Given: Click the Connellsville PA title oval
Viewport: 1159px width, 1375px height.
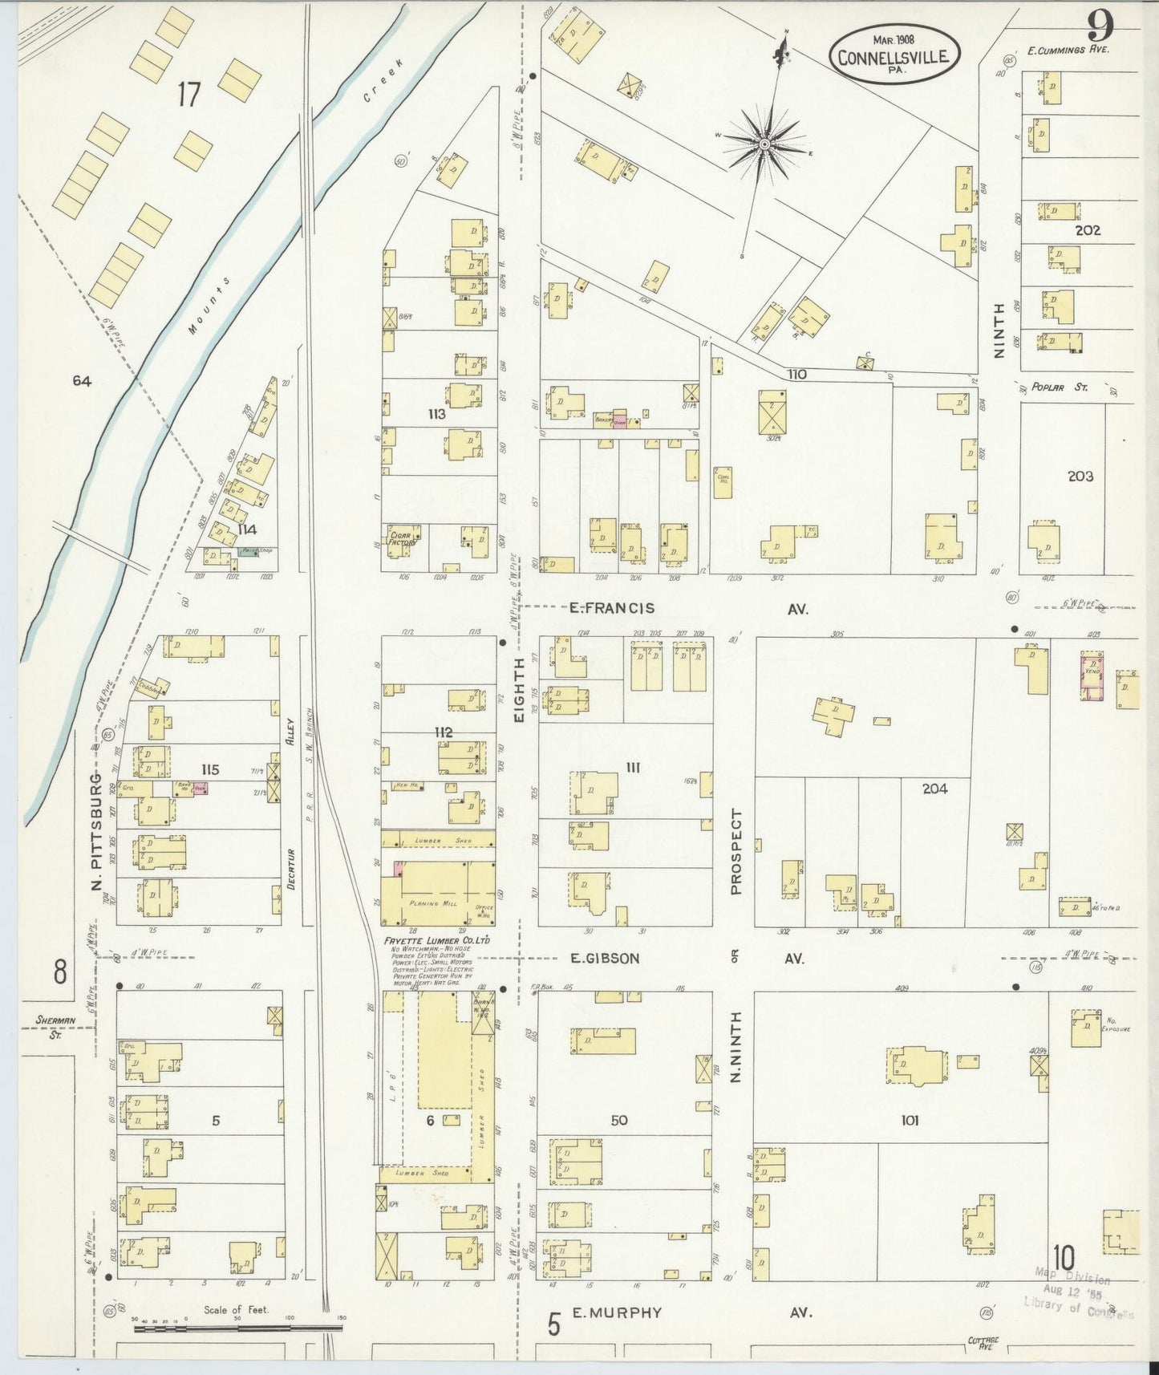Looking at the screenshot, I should pyautogui.click(x=894, y=54).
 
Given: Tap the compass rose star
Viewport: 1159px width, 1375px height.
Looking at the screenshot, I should pyautogui.click(x=764, y=144).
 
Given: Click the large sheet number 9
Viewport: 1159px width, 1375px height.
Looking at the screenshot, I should pyautogui.click(x=1100, y=28).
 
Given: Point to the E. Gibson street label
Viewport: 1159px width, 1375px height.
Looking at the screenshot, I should pyautogui.click(x=605, y=958).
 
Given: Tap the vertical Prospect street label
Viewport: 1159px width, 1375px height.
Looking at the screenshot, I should pyautogui.click(x=736, y=851).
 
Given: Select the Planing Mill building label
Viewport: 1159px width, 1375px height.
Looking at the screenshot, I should pyautogui.click(x=432, y=902).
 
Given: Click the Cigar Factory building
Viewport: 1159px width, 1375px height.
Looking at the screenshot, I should pyautogui.click(x=402, y=537).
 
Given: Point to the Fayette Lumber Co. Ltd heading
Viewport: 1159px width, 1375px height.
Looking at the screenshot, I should pyautogui.click(x=437, y=940).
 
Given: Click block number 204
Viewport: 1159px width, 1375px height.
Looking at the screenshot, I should pyautogui.click(x=934, y=789).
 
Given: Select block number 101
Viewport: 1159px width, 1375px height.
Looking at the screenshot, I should pyautogui.click(x=909, y=1121).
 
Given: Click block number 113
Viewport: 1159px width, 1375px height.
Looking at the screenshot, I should pyautogui.click(x=436, y=415).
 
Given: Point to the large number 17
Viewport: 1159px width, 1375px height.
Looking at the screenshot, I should pyautogui.click(x=188, y=95).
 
